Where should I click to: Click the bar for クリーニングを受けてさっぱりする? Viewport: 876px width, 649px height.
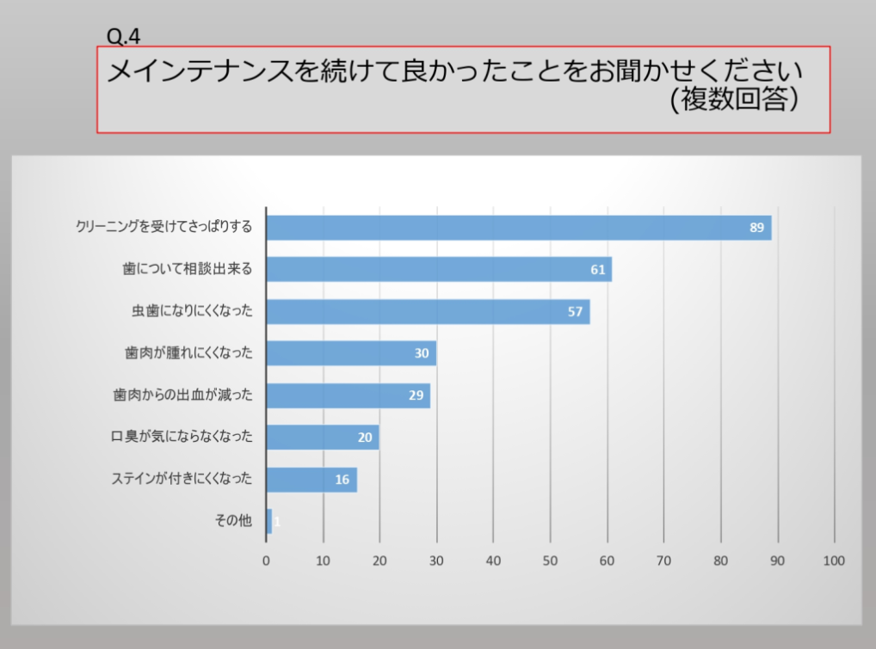pyautogui.click(x=516, y=228)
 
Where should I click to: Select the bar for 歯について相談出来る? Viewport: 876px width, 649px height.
pyautogui.click(x=439, y=269)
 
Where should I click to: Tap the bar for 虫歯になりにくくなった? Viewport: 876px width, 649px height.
pyautogui.click(x=428, y=311)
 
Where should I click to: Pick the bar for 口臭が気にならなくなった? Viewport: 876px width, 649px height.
pyautogui.click(x=322, y=438)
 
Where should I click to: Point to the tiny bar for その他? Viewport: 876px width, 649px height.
pyautogui.click(x=269, y=521)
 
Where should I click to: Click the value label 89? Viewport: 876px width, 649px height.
pyautogui.click(x=756, y=228)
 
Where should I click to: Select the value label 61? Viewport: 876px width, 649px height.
pyautogui.click(x=598, y=270)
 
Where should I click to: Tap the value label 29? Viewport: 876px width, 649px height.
pyautogui.click(x=416, y=395)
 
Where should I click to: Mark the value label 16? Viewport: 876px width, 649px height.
pyautogui.click(x=342, y=480)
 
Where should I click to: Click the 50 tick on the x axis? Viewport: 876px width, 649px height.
pyautogui.click(x=550, y=561)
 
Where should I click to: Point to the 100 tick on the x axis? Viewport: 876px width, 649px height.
pyautogui.click(x=834, y=561)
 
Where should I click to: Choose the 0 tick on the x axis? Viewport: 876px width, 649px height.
pyautogui.click(x=266, y=561)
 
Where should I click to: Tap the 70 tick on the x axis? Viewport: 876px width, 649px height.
pyautogui.click(x=663, y=561)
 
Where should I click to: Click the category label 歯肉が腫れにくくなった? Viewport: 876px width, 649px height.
pyautogui.click(x=188, y=353)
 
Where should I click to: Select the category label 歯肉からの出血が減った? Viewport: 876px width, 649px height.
pyautogui.click(x=182, y=395)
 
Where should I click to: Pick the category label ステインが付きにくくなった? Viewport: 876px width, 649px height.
pyautogui.click(x=182, y=479)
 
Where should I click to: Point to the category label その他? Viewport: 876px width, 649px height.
pyautogui.click(x=233, y=520)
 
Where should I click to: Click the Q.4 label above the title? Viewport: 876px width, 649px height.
pyautogui.click(x=123, y=35)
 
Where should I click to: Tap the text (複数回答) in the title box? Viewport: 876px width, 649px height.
pyautogui.click(x=735, y=101)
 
